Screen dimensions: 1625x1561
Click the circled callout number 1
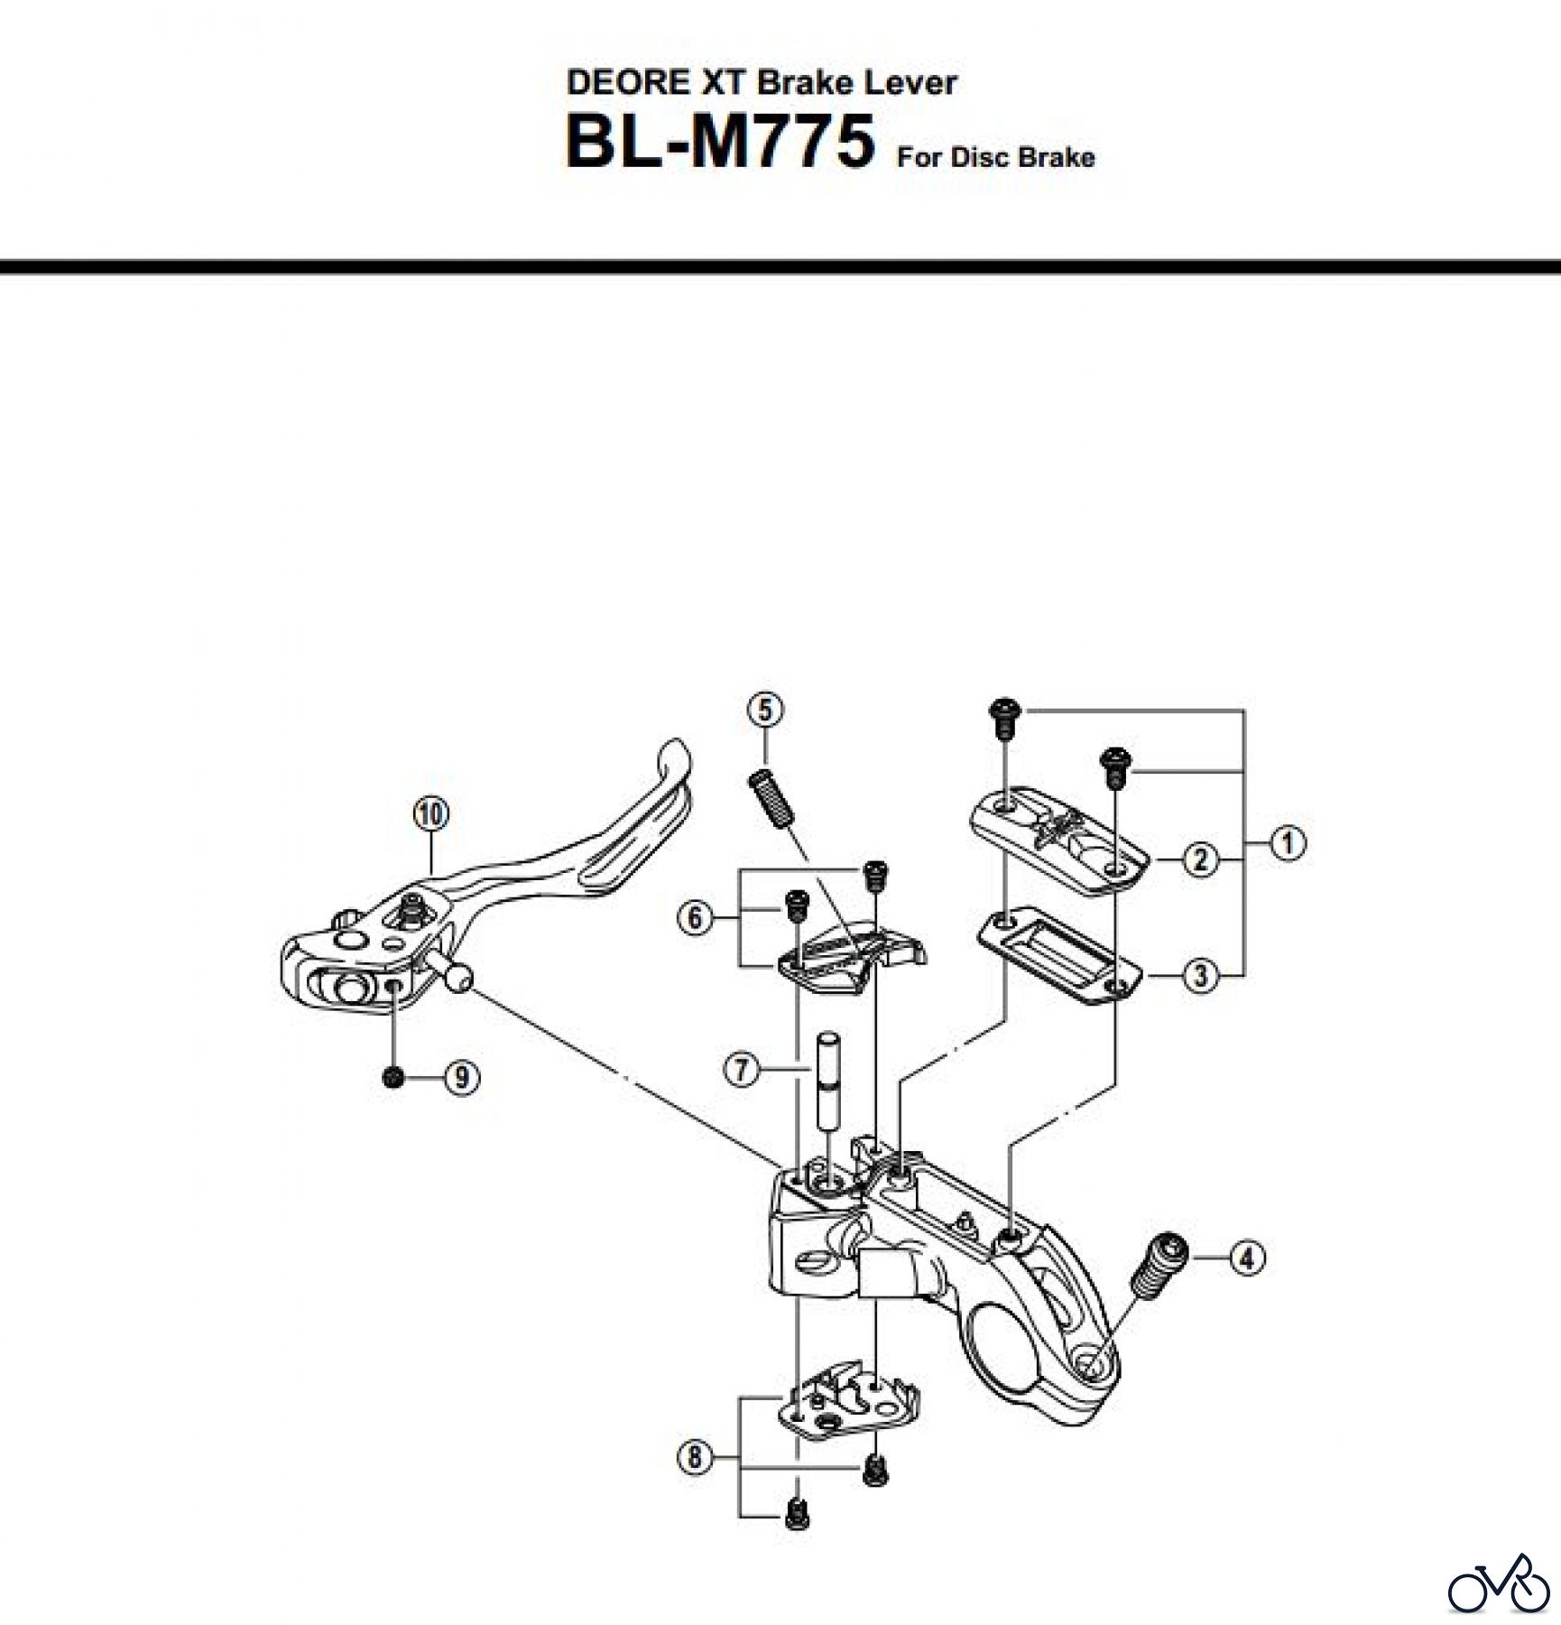point(1288,843)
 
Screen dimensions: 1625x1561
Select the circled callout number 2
point(1200,859)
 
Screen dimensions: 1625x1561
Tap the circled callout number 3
point(1200,976)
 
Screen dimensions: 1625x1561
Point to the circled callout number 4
point(1247,1258)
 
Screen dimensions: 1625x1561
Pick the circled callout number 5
point(765,710)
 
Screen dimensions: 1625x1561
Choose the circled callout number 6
point(694,919)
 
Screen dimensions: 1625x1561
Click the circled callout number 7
point(742,1071)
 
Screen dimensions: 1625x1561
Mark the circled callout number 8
point(694,1457)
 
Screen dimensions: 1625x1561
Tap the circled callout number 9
point(462,1078)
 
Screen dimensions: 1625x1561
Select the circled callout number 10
point(431,815)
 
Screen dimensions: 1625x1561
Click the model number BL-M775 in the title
point(719,142)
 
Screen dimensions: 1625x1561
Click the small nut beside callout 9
point(393,1077)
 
